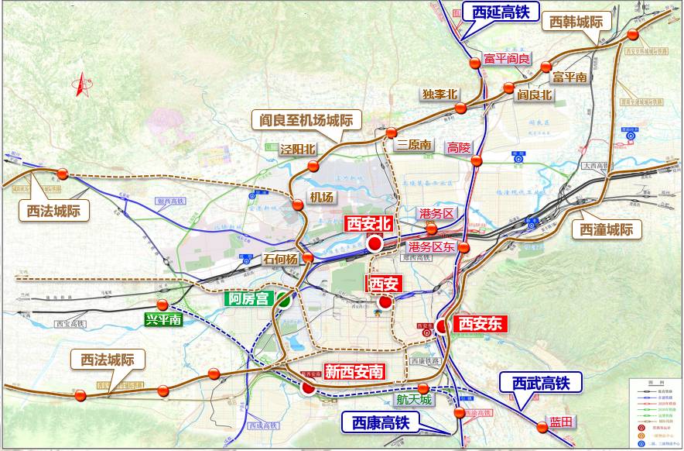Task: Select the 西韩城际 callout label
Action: pyautogui.click(x=576, y=22)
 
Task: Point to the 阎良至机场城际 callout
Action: pyautogui.click(x=307, y=120)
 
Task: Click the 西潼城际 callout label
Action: pyautogui.click(x=607, y=229)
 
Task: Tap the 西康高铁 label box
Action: pyautogui.click(x=381, y=422)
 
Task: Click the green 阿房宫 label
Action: pyautogui.click(x=249, y=298)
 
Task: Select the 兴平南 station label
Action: pyautogui.click(x=163, y=319)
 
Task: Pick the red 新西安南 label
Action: pyautogui.click(x=354, y=371)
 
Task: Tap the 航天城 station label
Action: pyautogui.click(x=412, y=401)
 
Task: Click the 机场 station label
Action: pyautogui.click(x=321, y=197)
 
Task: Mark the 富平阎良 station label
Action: pyautogui.click(x=508, y=59)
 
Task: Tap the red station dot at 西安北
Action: pyautogui.click(x=374, y=244)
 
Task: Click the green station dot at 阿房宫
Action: pyautogui.click(x=285, y=302)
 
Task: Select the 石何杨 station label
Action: pyautogui.click(x=280, y=260)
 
